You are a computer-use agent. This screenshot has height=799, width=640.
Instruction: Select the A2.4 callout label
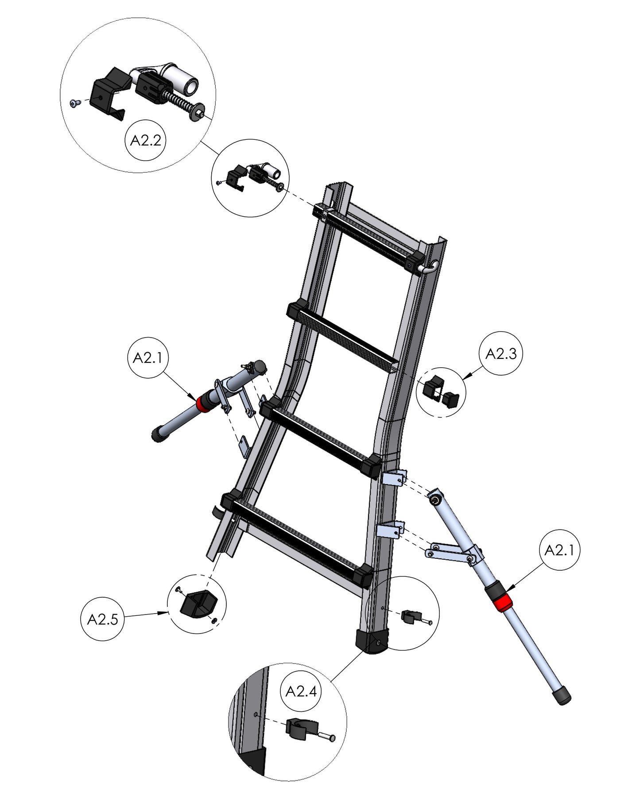pos(301,691)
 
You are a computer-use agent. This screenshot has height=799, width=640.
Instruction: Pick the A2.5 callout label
pos(102,619)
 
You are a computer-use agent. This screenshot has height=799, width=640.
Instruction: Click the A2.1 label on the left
pos(147,357)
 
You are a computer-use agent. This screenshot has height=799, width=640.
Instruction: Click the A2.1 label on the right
pos(560,550)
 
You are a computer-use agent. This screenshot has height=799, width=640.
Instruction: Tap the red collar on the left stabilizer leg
pos(204,403)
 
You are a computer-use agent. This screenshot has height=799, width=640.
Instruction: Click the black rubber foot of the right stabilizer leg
pos(562,696)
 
